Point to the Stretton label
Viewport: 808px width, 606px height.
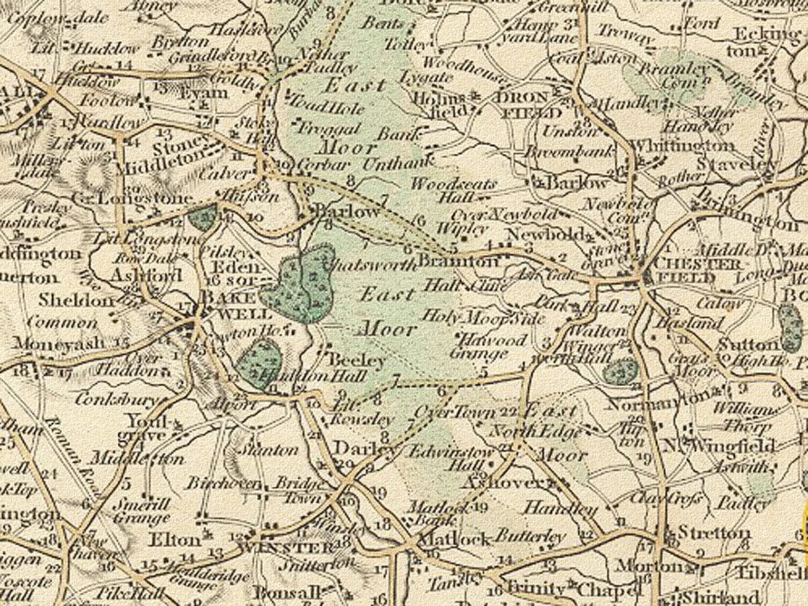[713, 533]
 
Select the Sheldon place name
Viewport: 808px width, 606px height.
[75, 300]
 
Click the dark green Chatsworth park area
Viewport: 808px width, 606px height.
[300, 283]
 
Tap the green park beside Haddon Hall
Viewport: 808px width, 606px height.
[258, 362]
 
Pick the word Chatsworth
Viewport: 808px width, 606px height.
[370, 265]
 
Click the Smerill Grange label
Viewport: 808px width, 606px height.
[141, 510]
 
